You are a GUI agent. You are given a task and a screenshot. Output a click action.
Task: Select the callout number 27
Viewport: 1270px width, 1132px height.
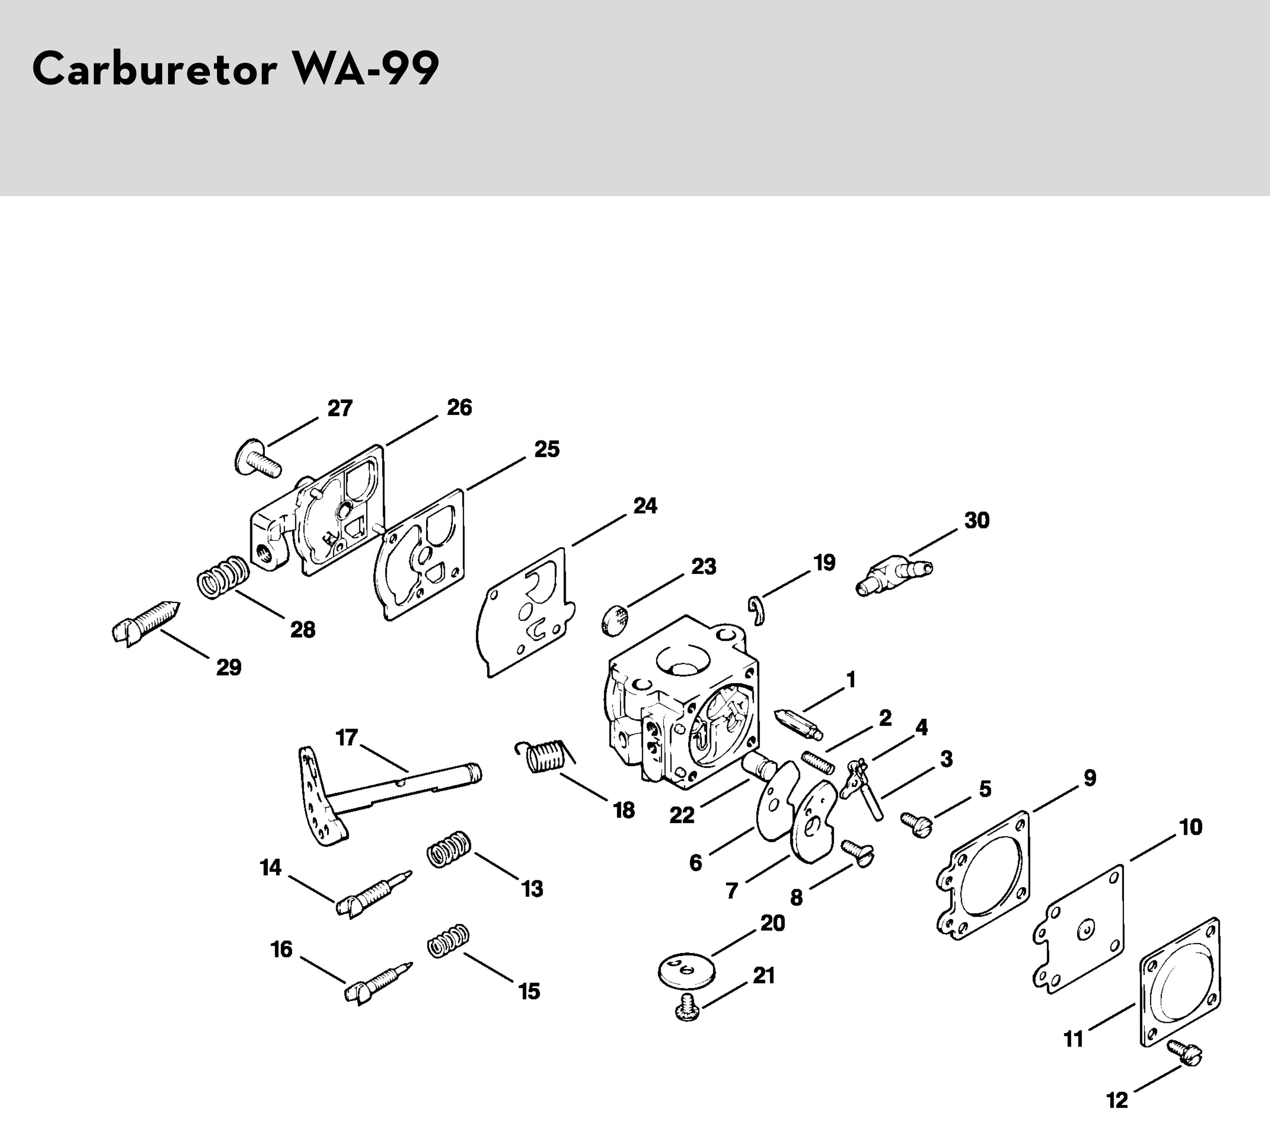[340, 408]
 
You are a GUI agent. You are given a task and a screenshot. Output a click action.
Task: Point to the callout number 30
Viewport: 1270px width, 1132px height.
[977, 520]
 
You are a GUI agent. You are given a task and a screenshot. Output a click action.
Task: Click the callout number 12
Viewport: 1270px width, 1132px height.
[1117, 1100]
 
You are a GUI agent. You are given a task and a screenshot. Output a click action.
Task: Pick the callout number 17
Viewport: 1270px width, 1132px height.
[346, 738]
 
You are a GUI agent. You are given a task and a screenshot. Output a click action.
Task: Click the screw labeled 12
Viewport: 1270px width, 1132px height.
[1185, 1052]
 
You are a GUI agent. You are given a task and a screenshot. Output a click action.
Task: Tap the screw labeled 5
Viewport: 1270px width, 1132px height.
[916, 824]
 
